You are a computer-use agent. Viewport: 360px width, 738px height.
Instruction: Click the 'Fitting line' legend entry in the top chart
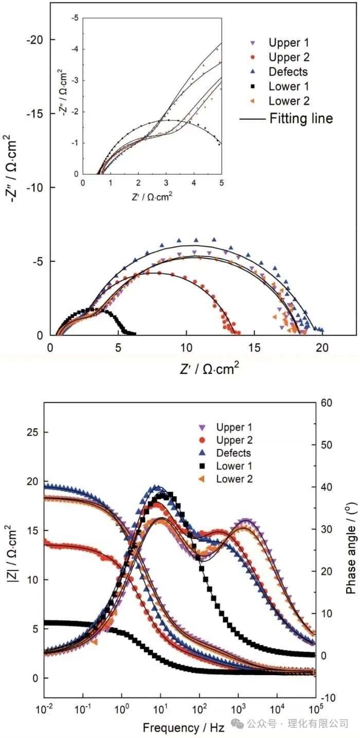pyautogui.click(x=286, y=118)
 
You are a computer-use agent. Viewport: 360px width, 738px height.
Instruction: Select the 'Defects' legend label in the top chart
pyautogui.click(x=288, y=72)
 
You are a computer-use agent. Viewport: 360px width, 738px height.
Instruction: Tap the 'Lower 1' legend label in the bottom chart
pyautogui.click(x=234, y=466)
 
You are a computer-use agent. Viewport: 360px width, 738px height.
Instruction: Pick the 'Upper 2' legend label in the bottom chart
pyautogui.click(x=234, y=440)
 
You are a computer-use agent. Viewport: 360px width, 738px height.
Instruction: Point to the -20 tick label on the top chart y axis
pyautogui.click(x=34, y=40)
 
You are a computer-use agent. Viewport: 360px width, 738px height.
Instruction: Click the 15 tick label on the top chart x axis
pyautogui.click(x=254, y=348)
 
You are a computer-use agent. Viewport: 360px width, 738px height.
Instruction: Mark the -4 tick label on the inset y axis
pyautogui.click(x=75, y=49)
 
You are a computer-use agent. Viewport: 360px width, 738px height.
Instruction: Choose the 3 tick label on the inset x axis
pyautogui.click(x=166, y=183)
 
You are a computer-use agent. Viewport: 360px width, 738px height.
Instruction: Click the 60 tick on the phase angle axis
pyautogui.click(x=326, y=402)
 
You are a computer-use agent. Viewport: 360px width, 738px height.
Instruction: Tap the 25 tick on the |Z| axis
pyautogui.click(x=32, y=432)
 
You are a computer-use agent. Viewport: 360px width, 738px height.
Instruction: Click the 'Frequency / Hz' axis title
pyautogui.click(x=184, y=727)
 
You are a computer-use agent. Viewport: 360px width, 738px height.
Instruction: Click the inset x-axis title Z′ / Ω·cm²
pyautogui.click(x=152, y=196)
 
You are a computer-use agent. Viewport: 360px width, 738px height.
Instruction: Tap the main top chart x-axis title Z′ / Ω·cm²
pyautogui.click(x=209, y=369)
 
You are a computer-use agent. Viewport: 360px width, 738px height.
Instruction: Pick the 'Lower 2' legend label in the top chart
pyautogui.click(x=289, y=101)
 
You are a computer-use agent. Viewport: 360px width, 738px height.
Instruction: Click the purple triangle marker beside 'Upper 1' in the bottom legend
pyautogui.click(x=202, y=427)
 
